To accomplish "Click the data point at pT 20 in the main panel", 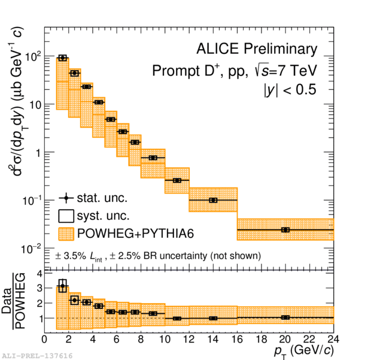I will click(285, 229).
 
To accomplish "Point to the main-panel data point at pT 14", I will click(213, 199).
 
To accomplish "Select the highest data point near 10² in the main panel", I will click(62, 58).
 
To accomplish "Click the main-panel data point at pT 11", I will click(177, 180).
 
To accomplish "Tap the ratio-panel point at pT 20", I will click(285, 317).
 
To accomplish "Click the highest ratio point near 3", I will click(62, 287).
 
